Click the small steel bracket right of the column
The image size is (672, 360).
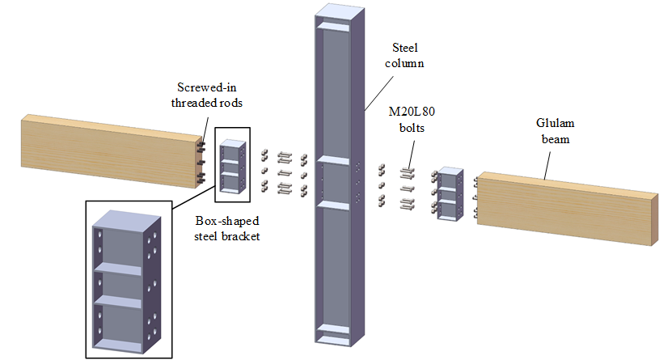click(x=449, y=195)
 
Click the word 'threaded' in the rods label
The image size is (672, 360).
click(x=192, y=103)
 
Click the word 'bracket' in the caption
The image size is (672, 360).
click(x=243, y=236)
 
